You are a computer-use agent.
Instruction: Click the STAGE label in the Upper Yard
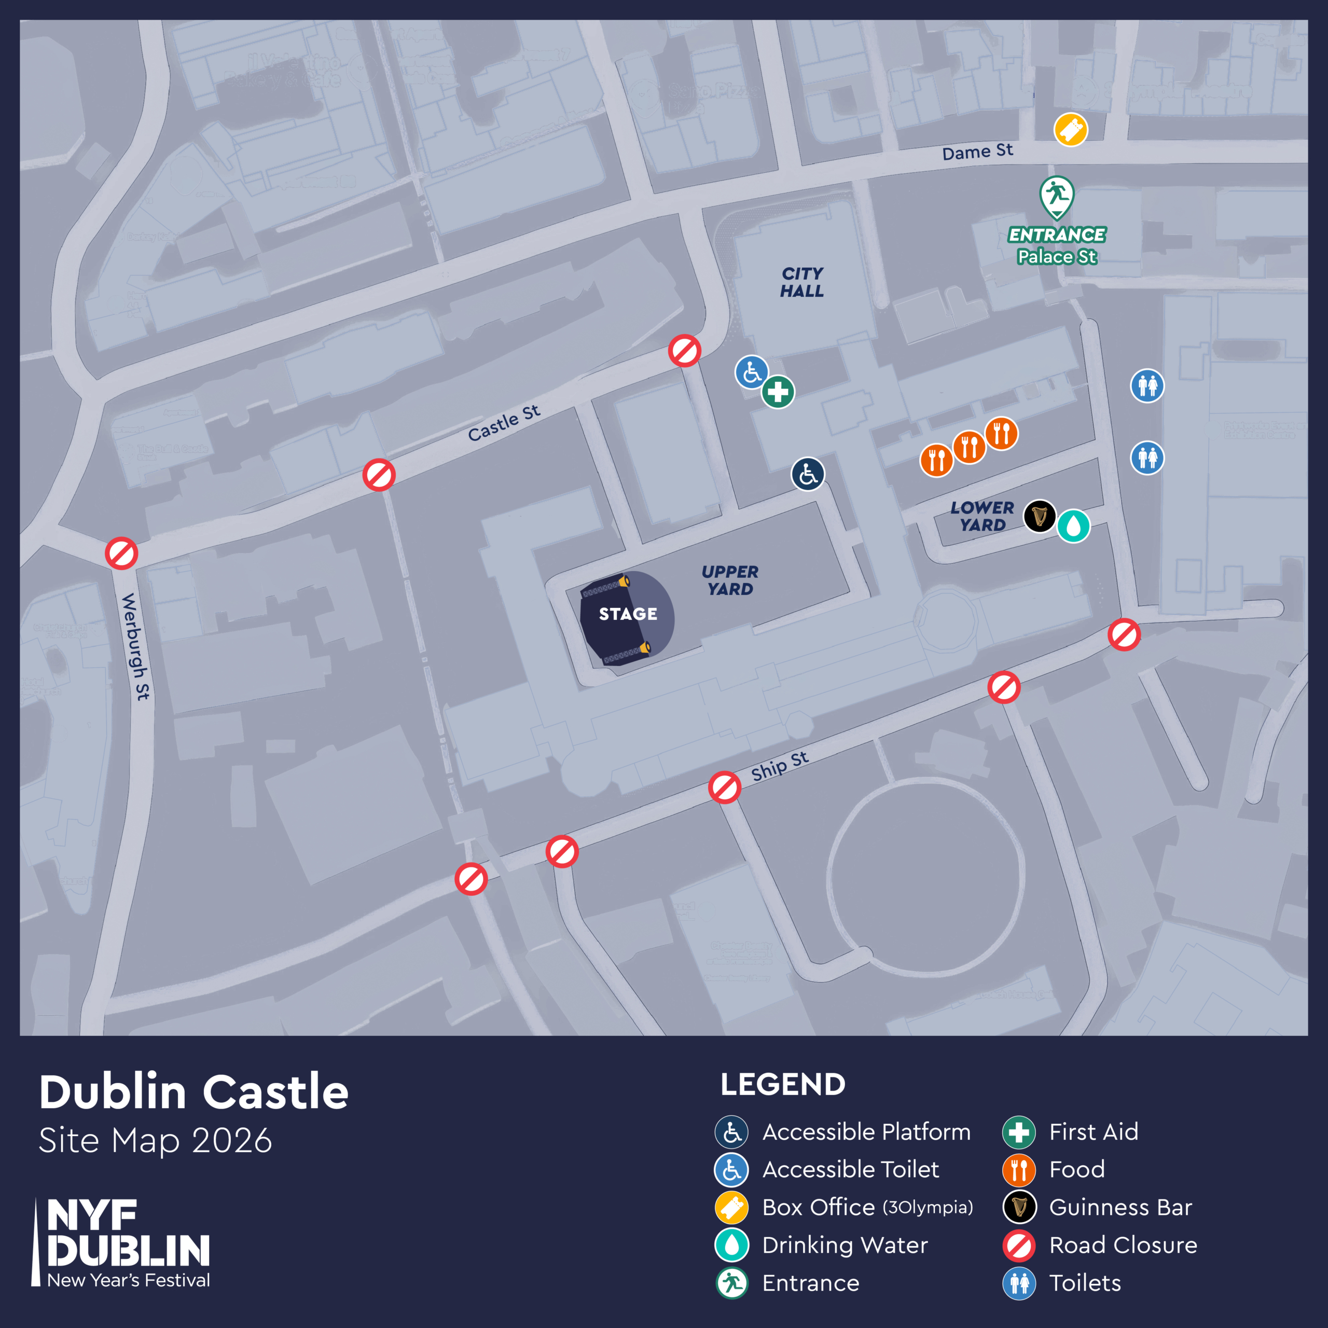pos(628,614)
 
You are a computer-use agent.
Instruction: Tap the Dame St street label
pos(977,152)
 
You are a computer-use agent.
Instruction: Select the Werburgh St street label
pos(135,646)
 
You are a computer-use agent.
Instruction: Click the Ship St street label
pos(780,766)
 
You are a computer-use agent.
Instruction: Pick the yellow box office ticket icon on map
pos(1071,130)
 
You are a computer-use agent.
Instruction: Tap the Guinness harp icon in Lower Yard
pos(1039,516)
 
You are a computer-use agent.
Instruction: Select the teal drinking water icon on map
pos(1073,527)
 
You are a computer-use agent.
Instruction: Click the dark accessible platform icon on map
pos(808,474)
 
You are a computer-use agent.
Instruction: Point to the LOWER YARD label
pos(982,516)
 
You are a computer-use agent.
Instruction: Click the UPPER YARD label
pos(730,580)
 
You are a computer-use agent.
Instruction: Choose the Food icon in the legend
pos(1019,1169)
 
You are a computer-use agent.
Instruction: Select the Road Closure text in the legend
pos(1123,1245)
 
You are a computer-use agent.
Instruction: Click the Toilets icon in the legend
pos(1019,1283)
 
